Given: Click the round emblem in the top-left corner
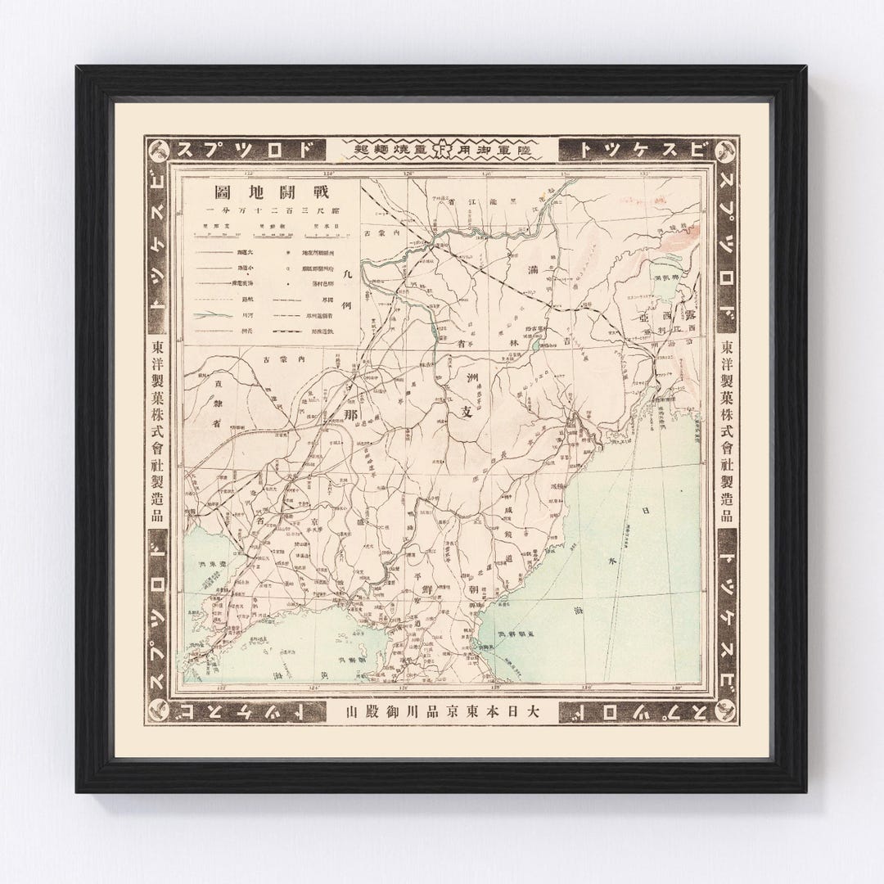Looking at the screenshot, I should click(161, 151).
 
